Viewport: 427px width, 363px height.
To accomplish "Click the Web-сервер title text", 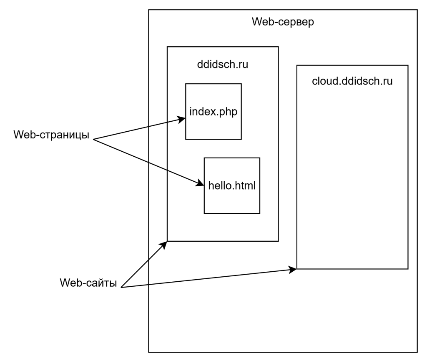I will (x=283, y=22).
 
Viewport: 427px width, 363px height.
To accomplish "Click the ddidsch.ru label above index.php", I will (x=222, y=65).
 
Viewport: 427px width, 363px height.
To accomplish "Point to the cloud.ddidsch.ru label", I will (x=352, y=81).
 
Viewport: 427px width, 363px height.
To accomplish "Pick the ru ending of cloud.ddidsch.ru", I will (x=388, y=81).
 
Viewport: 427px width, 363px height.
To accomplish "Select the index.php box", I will (x=213, y=125).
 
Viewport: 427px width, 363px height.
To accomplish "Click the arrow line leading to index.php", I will (x=165, y=123).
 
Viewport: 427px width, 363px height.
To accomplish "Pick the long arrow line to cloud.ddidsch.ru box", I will (x=221, y=277).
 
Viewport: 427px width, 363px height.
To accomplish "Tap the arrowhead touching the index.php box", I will (x=182, y=119).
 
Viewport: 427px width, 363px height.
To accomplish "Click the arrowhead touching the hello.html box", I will (x=201, y=184).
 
